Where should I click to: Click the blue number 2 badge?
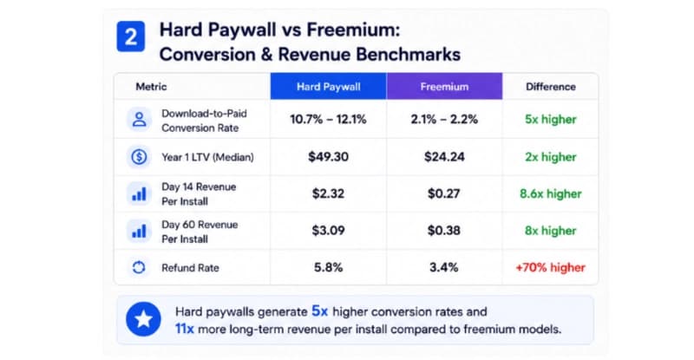coord(131,36)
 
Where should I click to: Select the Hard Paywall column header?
coord(329,87)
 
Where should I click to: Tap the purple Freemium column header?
coord(444,87)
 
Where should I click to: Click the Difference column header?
coord(551,87)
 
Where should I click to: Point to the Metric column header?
coord(151,87)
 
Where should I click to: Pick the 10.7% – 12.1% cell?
coord(328,119)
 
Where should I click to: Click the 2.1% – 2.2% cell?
coord(444,119)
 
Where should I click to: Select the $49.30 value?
coord(329,157)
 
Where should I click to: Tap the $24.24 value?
coord(444,157)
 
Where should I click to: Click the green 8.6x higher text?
coord(551,193)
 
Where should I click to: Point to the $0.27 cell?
coord(444,193)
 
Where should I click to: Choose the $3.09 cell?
coord(328,230)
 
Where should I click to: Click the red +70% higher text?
coord(551,267)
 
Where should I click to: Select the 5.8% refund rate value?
coord(329,267)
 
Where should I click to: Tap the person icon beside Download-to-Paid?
coord(139,119)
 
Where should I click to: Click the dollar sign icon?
coord(139,157)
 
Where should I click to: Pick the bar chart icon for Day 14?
coord(139,194)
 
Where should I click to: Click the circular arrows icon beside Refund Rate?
coord(139,267)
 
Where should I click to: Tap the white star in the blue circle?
coord(143,319)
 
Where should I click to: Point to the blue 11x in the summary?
coord(185,329)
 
